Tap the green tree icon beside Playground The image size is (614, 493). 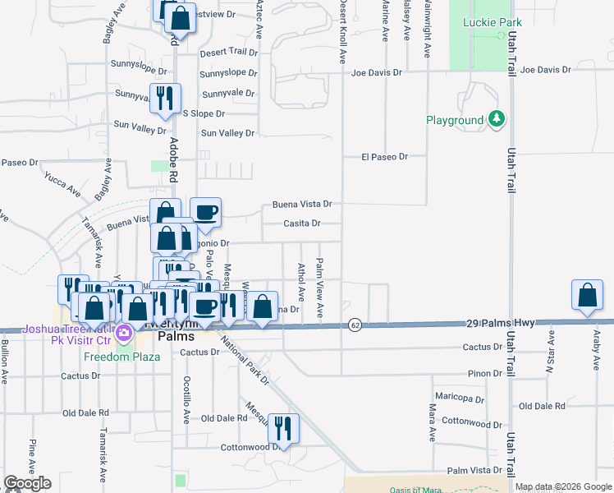[x=496, y=120]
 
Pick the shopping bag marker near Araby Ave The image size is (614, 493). [x=588, y=297]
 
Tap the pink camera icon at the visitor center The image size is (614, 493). [x=124, y=334]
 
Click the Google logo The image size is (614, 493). [x=27, y=483]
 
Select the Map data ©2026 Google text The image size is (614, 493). [x=563, y=486]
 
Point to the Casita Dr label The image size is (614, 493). [x=301, y=223]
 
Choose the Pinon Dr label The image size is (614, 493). [x=484, y=373]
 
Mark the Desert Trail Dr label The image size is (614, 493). [x=228, y=51]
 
